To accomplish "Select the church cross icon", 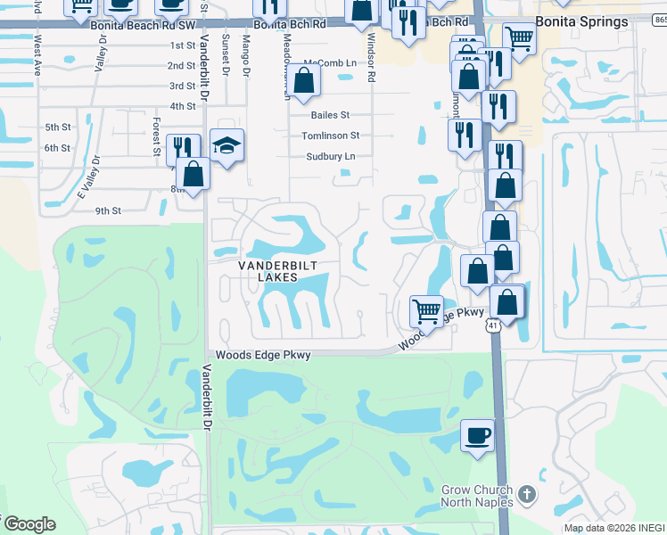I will coord(526,493).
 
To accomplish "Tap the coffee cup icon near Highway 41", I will coord(478,436).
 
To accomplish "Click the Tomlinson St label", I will coord(330,136).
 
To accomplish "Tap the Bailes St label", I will coord(330,115).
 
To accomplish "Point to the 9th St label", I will coord(107,210).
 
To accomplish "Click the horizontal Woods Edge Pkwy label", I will coord(263,355).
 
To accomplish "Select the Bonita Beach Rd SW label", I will coord(143,26).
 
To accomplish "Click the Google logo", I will coord(29,524).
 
